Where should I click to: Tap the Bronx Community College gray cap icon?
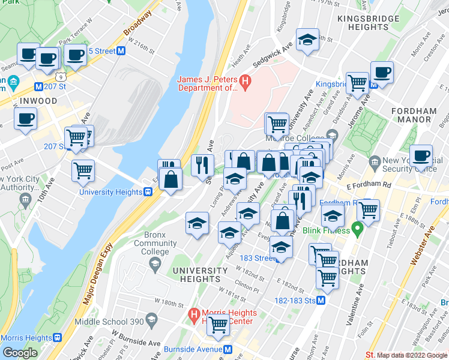155,263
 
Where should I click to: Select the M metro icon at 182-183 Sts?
321,300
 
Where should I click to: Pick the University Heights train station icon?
147,192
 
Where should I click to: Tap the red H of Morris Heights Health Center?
193,313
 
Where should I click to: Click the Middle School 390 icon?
151,317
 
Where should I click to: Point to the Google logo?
20,353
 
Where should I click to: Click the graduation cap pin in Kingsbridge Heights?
308,41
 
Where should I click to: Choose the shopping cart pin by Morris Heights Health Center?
218,325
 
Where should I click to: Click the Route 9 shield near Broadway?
60,76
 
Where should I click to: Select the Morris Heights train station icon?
58,338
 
